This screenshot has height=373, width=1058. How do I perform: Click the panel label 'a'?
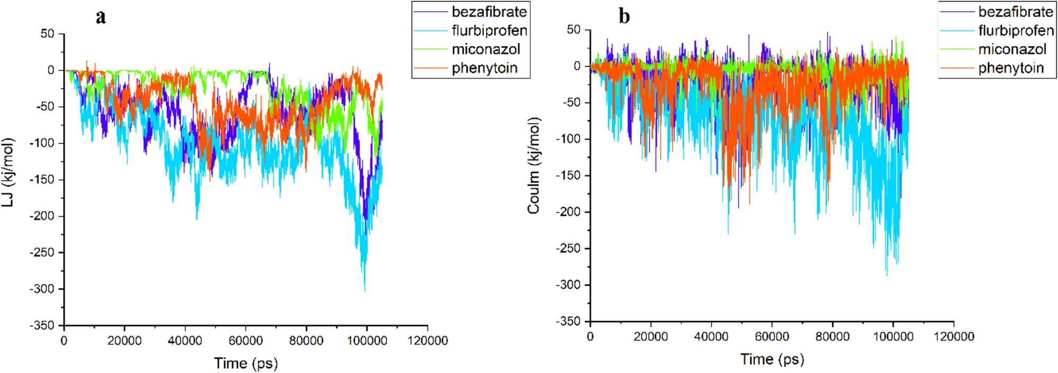click(x=101, y=17)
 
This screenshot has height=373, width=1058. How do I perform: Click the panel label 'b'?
click(x=624, y=16)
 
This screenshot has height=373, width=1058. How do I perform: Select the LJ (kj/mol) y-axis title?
click(x=8, y=172)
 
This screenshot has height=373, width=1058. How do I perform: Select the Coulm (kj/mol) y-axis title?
click(x=534, y=166)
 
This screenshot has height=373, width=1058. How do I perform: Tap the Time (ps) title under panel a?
click(x=246, y=363)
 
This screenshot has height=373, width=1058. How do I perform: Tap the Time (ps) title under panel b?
click(x=772, y=360)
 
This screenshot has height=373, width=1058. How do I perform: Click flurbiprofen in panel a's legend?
click(x=489, y=31)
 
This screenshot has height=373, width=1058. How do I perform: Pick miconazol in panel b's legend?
click(x=1012, y=49)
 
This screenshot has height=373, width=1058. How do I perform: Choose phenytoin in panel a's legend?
click(x=484, y=68)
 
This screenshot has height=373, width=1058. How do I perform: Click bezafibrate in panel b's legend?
click(x=1015, y=12)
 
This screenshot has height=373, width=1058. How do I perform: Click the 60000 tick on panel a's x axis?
click(x=245, y=341)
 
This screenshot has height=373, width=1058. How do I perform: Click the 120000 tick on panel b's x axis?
click(x=954, y=336)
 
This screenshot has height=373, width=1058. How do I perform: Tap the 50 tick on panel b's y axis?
click(x=573, y=30)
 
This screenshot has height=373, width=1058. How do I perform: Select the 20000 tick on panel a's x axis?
click(x=124, y=341)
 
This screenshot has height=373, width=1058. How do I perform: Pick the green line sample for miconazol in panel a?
click(x=431, y=50)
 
